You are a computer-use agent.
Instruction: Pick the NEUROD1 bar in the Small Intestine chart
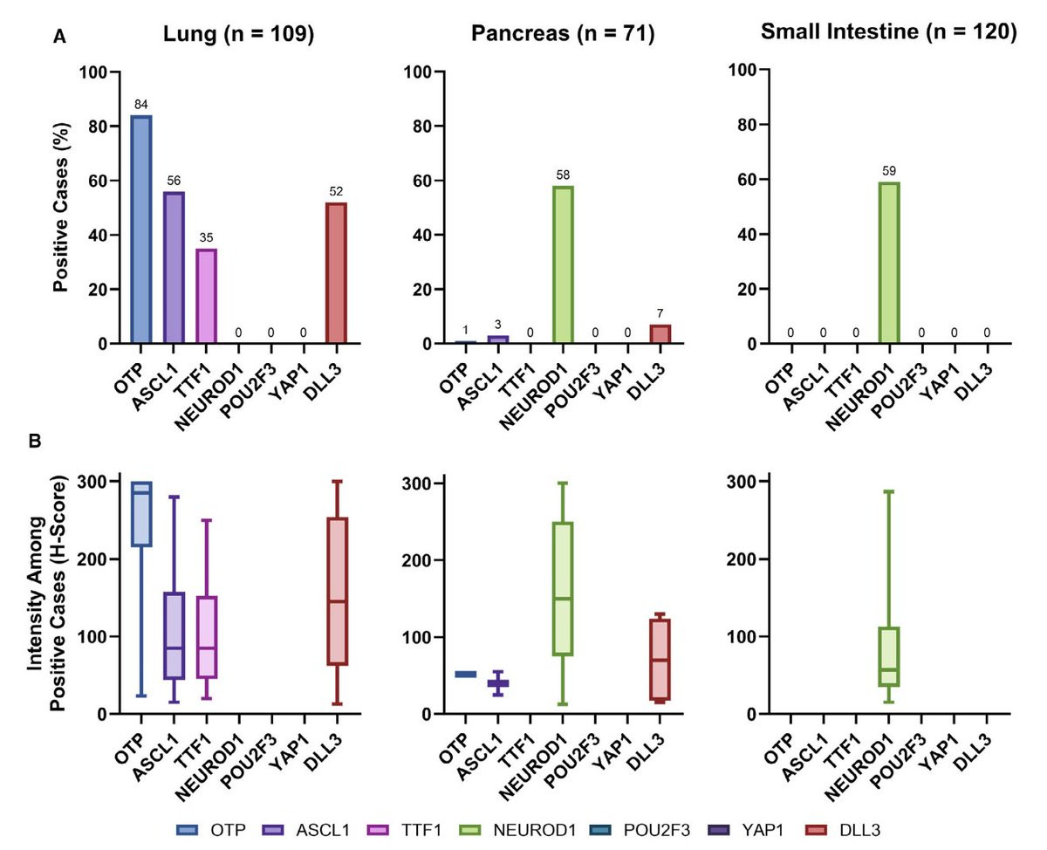point(889,263)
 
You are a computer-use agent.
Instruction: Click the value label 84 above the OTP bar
point(141,106)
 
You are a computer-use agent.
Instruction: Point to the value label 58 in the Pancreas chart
point(563,176)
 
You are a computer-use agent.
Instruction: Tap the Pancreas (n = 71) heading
point(563,33)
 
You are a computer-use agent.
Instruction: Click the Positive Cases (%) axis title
point(62,208)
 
